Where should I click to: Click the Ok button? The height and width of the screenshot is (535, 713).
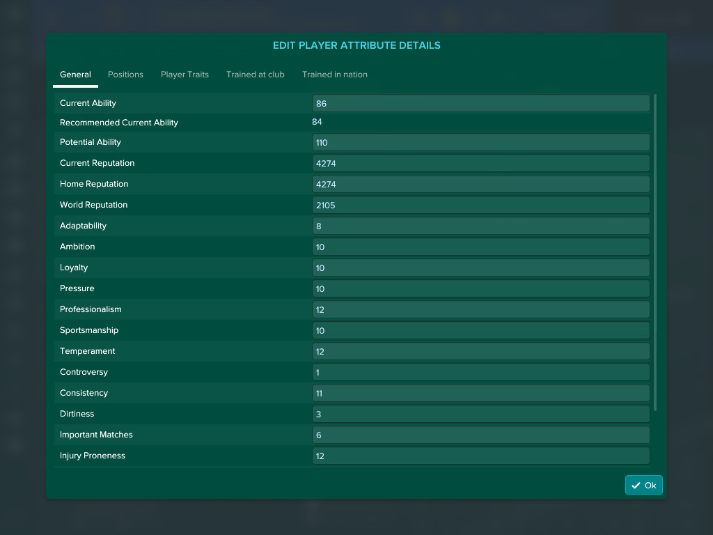click(643, 486)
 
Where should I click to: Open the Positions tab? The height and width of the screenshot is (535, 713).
click(125, 75)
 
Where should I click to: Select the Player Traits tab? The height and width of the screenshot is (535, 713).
click(185, 75)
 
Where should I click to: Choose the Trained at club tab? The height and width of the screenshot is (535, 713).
click(255, 75)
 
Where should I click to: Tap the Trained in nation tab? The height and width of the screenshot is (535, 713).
click(334, 75)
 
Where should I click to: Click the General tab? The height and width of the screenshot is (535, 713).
click(75, 75)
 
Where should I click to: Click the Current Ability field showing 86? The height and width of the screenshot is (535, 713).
click(480, 104)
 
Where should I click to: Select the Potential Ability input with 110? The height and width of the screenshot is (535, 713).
click(480, 143)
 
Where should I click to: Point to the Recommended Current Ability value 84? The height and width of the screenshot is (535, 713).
click(317, 122)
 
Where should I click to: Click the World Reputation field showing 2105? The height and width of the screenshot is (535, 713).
click(480, 206)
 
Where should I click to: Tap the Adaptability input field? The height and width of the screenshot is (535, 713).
click(480, 226)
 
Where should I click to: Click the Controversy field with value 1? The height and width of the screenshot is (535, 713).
click(480, 373)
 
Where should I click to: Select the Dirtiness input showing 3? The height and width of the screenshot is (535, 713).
click(480, 414)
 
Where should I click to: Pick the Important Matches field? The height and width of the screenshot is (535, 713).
click(480, 435)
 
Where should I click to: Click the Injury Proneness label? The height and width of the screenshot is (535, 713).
click(93, 456)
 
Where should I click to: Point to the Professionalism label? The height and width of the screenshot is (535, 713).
click(91, 309)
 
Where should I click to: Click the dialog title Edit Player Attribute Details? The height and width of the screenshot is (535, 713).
click(356, 45)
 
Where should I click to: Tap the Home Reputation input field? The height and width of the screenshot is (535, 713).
click(480, 185)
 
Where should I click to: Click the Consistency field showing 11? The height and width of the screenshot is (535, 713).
click(480, 394)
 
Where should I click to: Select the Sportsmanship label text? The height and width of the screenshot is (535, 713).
click(89, 330)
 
